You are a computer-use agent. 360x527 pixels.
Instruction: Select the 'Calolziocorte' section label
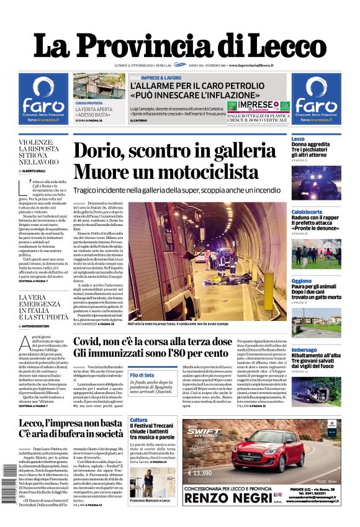click(307, 212)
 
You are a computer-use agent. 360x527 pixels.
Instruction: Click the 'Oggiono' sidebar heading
click(302, 281)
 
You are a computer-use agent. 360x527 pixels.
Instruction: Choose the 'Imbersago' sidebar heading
click(304, 349)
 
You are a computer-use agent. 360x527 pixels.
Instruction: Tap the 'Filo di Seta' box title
click(142, 376)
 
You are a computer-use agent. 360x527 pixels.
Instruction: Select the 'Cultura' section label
click(138, 420)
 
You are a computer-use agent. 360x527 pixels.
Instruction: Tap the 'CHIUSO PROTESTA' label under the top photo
click(89, 103)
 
